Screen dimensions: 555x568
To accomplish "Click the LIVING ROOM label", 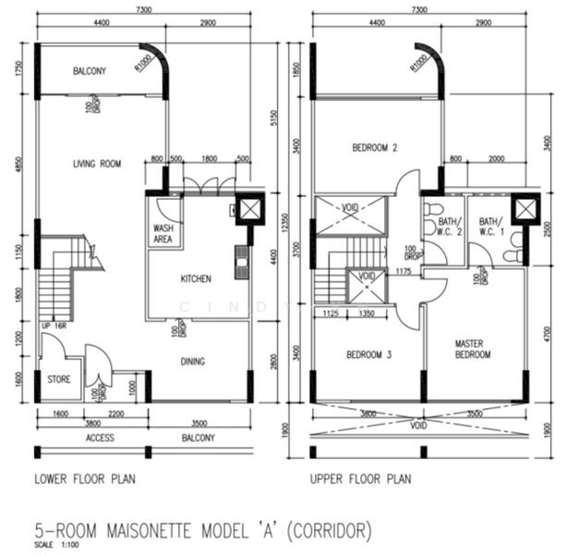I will click(97, 165).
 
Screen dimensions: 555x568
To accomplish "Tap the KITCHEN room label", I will click(196, 278).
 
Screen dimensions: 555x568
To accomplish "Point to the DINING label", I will click(192, 362).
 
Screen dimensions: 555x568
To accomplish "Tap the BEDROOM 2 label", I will click(374, 148).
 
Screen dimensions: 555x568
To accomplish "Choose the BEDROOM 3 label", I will click(369, 355).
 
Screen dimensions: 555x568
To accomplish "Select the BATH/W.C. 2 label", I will click(448, 227).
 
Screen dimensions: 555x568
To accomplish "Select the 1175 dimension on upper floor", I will click(401, 271).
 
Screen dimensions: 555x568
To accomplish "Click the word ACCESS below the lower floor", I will click(100, 438).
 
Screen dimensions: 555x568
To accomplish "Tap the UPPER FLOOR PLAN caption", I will click(361, 479).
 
